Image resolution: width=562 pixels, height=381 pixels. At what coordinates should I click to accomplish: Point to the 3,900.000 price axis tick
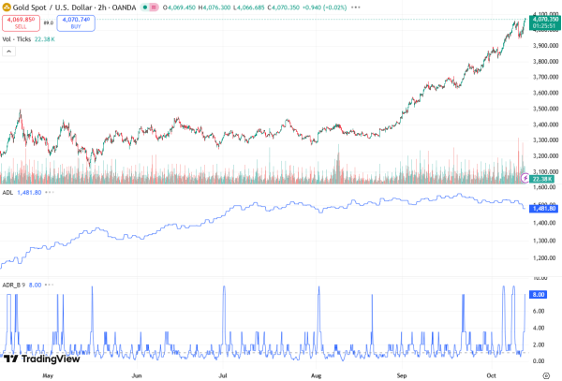click(x=545, y=45)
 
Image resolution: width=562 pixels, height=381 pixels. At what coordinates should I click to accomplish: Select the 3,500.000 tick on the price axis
click(x=545, y=109)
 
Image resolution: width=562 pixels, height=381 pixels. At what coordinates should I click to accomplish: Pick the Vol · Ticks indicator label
click(x=18, y=39)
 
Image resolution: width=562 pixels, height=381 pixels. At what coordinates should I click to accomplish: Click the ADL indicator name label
click(x=7, y=193)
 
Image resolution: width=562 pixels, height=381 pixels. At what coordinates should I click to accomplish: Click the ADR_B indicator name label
click(x=11, y=284)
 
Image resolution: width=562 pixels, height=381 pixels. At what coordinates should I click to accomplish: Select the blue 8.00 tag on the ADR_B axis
click(x=540, y=294)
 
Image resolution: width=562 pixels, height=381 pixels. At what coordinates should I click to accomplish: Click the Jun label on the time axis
click(x=137, y=374)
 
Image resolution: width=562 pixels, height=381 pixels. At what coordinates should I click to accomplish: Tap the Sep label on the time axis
click(x=403, y=374)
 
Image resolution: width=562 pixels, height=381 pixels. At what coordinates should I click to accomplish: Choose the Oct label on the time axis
click(x=489, y=374)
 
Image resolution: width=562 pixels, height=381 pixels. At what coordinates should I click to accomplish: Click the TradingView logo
click(x=41, y=359)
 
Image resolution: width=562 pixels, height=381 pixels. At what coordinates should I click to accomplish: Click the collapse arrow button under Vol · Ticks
click(x=7, y=53)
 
